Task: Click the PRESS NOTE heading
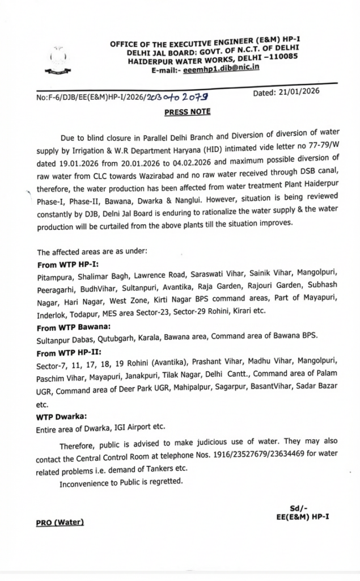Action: [187, 112]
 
